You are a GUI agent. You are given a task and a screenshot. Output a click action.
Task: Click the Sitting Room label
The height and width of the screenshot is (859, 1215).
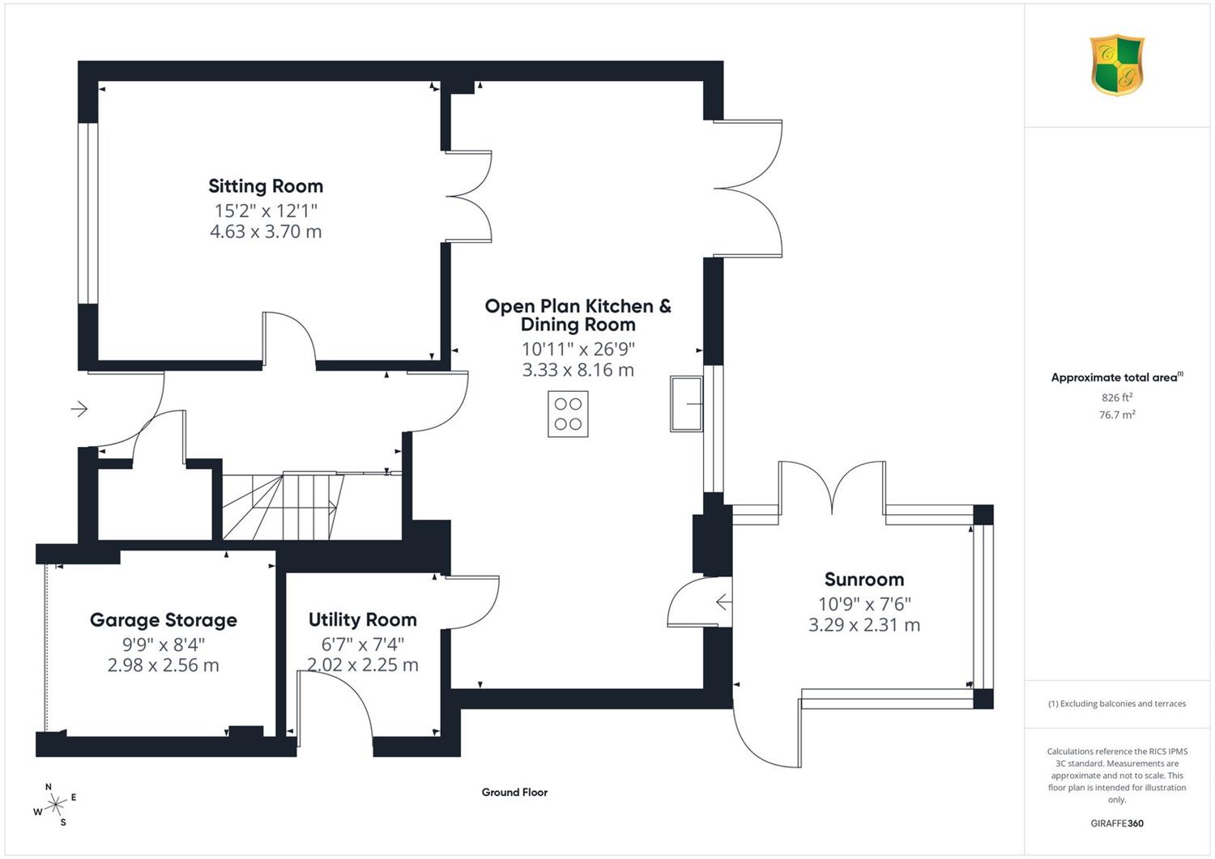tap(266, 186)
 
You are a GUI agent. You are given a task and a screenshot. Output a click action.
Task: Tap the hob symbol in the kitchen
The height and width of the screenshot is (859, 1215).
tap(568, 414)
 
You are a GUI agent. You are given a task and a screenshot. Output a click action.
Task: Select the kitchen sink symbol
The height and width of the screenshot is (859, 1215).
tap(686, 404)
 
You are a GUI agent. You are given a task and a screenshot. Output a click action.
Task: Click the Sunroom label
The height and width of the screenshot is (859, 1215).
tap(864, 579)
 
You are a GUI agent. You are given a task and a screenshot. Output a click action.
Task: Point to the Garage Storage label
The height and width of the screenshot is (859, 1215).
tap(164, 620)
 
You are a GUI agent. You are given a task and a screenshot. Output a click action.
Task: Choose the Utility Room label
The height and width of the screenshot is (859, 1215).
tap(362, 619)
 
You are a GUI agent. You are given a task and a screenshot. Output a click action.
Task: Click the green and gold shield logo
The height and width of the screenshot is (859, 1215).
tap(1117, 65)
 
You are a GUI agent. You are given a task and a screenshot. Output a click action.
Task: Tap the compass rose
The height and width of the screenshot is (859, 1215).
tap(55, 804)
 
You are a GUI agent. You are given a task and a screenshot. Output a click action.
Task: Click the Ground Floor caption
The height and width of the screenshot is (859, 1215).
tap(514, 793)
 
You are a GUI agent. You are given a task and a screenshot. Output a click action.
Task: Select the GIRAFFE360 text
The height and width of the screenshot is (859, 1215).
tap(1117, 823)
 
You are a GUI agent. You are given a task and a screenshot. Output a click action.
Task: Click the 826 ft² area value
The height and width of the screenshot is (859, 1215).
tap(1117, 398)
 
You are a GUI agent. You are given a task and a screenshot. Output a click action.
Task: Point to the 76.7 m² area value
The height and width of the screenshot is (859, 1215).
tap(1117, 415)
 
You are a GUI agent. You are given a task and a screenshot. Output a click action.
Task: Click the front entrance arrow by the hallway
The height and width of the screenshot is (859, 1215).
tap(79, 408)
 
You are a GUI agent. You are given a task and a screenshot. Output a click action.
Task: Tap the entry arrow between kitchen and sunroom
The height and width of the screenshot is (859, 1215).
tap(724, 602)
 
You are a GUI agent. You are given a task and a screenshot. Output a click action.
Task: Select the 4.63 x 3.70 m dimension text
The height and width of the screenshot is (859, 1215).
tap(266, 232)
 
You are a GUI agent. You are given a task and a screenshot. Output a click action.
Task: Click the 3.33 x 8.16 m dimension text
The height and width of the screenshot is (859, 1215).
tap(578, 370)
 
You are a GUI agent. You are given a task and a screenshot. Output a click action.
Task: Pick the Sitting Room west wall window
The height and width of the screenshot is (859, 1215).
tap(87, 213)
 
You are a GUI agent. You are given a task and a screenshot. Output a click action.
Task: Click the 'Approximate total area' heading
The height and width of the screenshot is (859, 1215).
tap(1117, 377)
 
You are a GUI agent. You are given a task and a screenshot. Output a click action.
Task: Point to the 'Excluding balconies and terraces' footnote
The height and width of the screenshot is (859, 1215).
tap(1117, 704)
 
